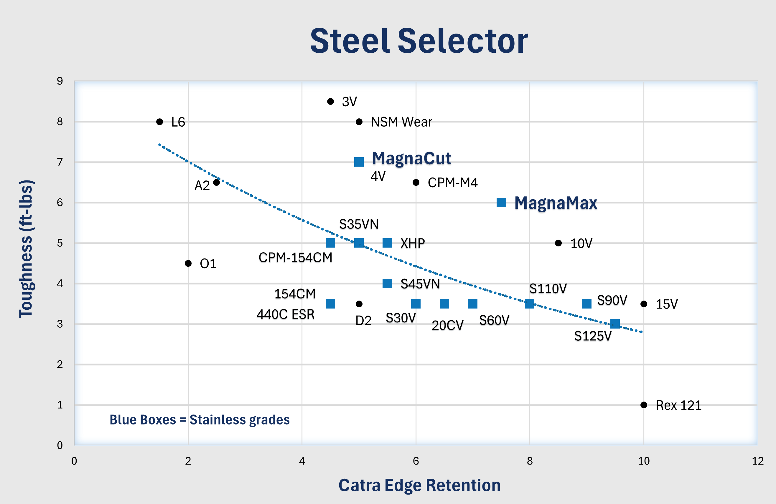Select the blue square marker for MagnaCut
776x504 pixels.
(359, 162)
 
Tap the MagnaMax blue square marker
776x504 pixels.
(501, 202)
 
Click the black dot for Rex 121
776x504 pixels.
(644, 405)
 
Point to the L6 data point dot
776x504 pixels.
(159, 122)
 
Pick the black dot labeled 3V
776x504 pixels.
(330, 101)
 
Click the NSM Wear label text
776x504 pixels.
(401, 122)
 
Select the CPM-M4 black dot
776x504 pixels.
(416, 183)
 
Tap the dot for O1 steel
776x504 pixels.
(188, 263)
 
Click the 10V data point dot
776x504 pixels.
(558, 243)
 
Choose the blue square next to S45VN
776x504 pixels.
(387, 283)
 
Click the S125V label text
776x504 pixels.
(593, 336)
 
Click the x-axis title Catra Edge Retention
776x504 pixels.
(419, 485)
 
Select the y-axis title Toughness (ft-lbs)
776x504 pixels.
(26, 248)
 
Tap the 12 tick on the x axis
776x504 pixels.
(757, 461)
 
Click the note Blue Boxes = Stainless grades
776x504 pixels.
(200, 420)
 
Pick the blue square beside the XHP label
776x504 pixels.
(387, 243)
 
